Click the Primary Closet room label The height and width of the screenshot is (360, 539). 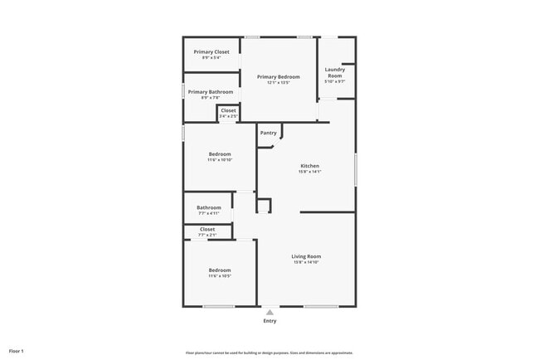point(211,52)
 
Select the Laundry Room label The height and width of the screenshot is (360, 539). point(334,72)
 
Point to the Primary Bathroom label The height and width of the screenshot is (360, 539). point(210,92)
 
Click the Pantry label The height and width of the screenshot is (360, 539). point(269,133)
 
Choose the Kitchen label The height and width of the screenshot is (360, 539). point(309,166)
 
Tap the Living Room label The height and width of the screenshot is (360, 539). point(306,256)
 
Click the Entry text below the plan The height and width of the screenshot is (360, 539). point(269,321)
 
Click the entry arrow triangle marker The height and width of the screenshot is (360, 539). point(269,313)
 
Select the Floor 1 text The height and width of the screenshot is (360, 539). point(17,352)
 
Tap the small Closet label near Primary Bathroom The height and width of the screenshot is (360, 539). point(228,110)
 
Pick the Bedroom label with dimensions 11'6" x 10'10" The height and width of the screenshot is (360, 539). point(220,154)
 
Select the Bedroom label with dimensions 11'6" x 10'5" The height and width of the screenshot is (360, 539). point(220,270)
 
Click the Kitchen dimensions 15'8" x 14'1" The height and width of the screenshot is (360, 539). point(309,172)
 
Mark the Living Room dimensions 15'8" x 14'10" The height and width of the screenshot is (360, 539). point(306,262)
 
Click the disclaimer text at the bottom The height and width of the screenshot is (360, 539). point(269,353)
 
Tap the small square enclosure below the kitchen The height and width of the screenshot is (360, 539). point(263,205)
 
